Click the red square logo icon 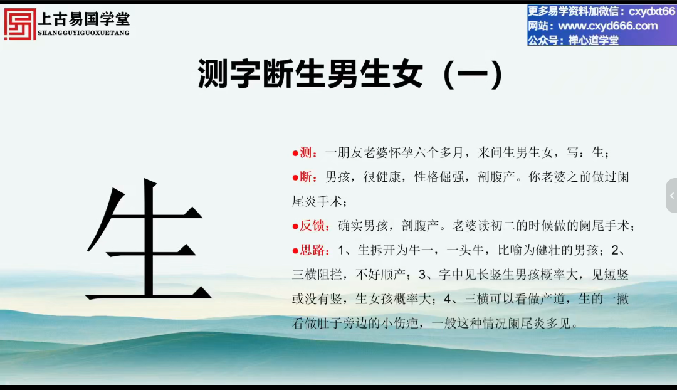20,24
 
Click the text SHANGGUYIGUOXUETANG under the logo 84,33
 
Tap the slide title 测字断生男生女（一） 350,74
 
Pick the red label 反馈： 315,226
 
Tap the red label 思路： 315,250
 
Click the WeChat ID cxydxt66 651,12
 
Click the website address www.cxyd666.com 608,26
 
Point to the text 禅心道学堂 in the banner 593,40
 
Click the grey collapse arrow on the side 672,196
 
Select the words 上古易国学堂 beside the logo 84,19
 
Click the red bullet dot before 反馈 295,226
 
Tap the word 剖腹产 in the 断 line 496,177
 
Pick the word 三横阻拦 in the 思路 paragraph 317,274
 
